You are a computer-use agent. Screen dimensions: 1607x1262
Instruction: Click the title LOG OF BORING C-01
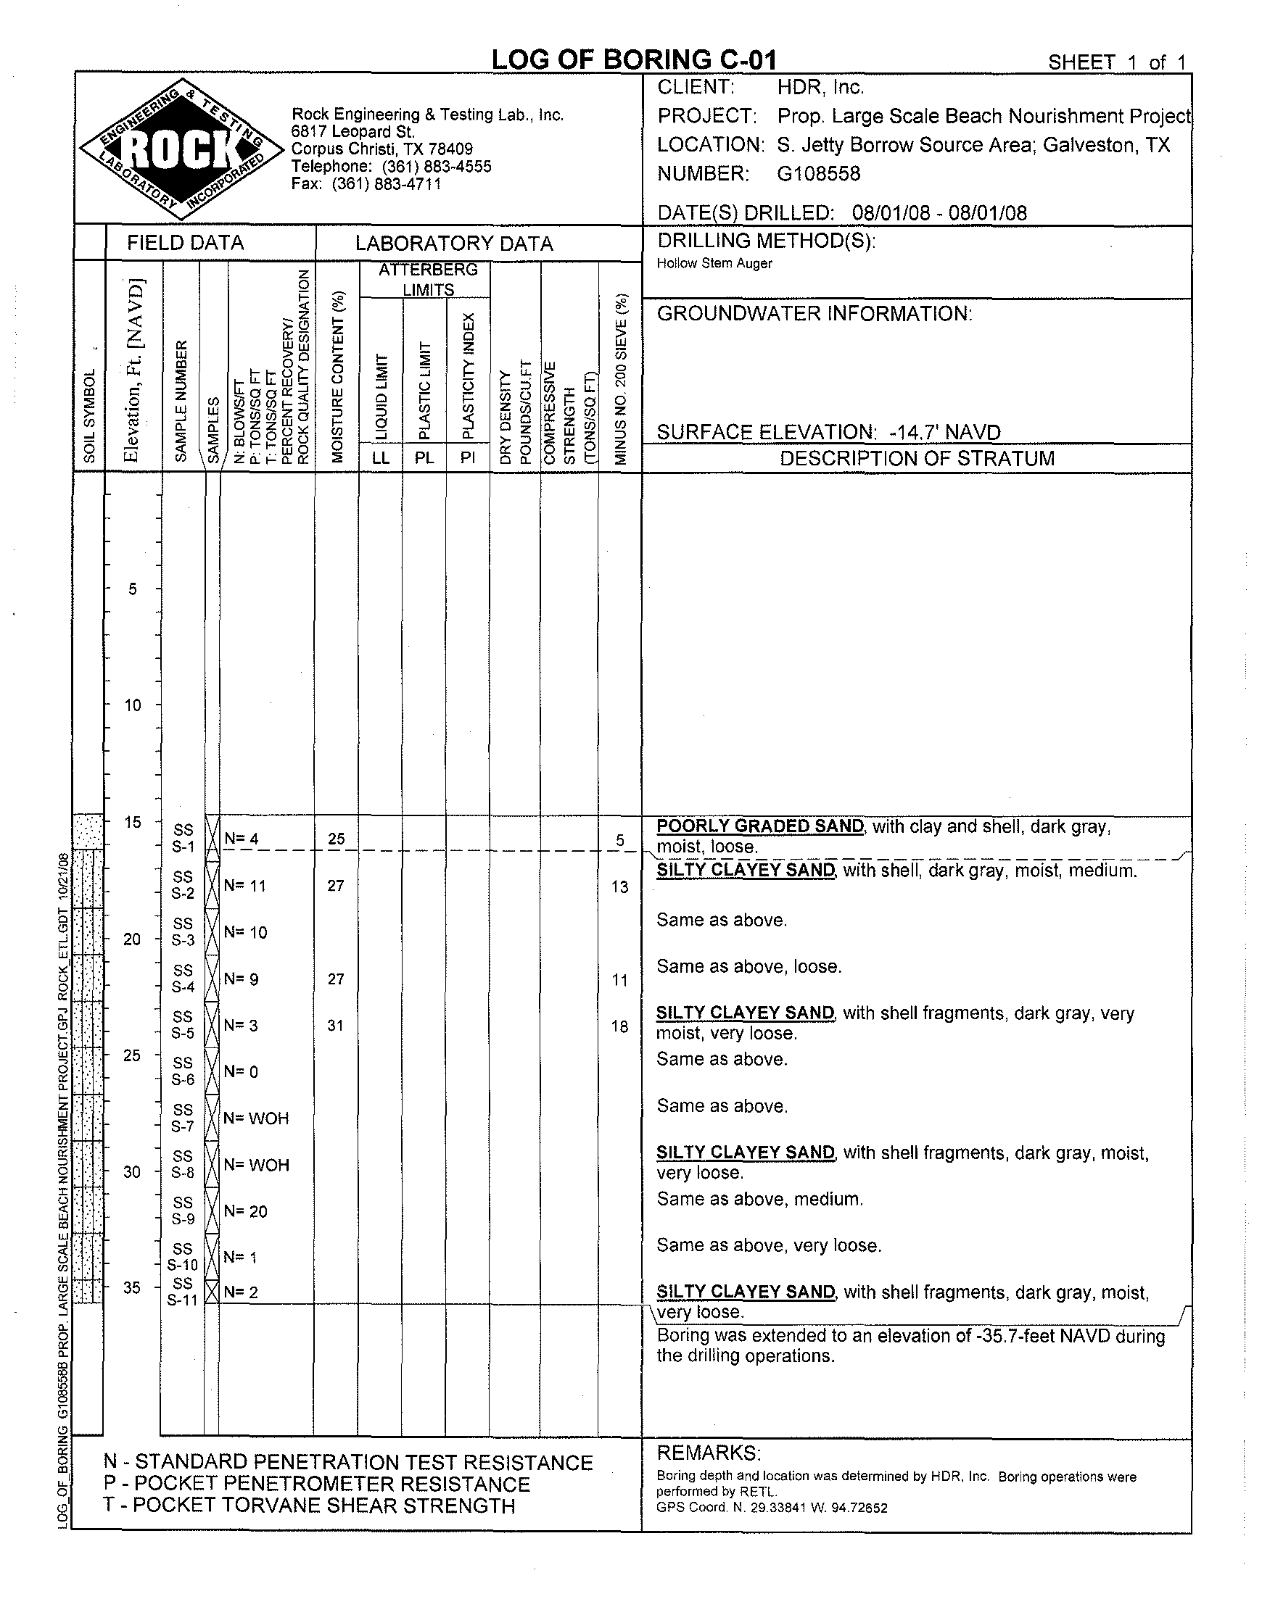tap(634, 60)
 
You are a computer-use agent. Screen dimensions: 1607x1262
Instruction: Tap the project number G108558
tap(819, 174)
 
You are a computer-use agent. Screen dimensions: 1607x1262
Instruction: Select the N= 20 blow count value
tap(245, 1211)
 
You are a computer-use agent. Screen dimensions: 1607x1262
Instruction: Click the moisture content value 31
tap(336, 1025)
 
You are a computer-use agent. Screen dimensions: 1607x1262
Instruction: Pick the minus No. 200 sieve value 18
tap(619, 1026)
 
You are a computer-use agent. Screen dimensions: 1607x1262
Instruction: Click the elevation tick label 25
tap(132, 1055)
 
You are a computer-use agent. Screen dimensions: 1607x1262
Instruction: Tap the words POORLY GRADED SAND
tap(759, 826)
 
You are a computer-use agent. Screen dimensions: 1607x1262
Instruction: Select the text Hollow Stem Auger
tap(714, 264)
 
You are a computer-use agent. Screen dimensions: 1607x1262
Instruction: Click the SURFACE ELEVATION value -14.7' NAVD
tap(945, 432)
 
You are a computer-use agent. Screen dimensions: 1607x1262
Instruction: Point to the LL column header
tap(381, 458)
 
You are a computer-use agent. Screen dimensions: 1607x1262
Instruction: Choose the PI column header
tap(467, 458)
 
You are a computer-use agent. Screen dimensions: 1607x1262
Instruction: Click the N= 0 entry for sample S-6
tap(241, 1071)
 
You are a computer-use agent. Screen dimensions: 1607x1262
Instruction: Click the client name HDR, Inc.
tap(820, 88)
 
